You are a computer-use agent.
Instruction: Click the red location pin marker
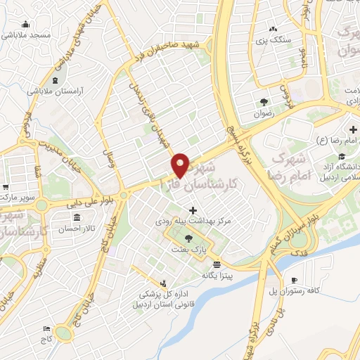[181, 165]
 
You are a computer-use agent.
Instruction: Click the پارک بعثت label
[186, 250]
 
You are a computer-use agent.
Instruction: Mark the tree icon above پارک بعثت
[186, 238]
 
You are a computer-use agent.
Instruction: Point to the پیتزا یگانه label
[216, 275]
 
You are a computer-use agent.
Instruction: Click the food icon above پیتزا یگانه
[216, 264]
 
